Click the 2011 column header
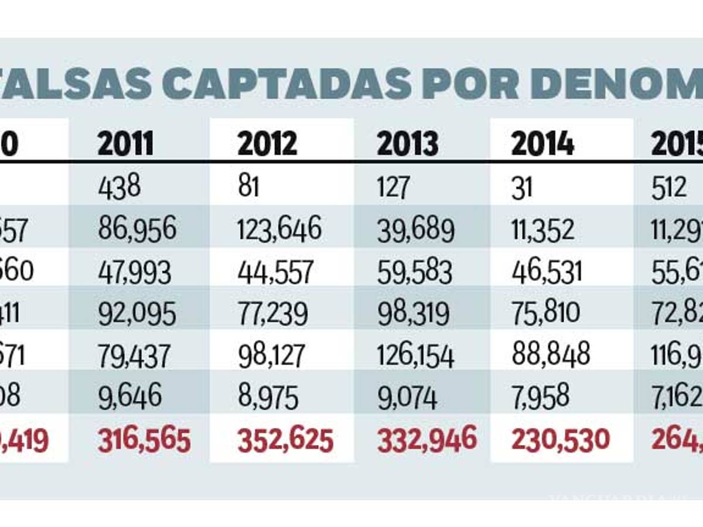coord(125,144)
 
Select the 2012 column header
coord(267,144)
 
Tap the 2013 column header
coord(407,144)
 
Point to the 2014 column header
coord(542,144)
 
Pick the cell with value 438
coord(119,188)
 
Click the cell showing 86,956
coord(137,230)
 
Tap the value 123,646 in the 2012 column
coord(279,230)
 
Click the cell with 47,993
coord(135,272)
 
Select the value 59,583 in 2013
coord(415,272)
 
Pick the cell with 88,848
coord(551,355)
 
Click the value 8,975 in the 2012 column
coord(268,398)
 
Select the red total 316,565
coord(144,440)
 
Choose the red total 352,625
coord(285,440)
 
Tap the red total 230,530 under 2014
coord(561,439)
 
